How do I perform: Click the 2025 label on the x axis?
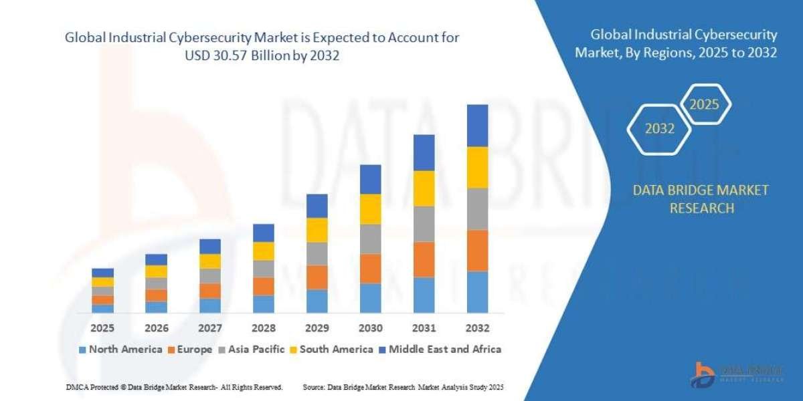click(x=102, y=328)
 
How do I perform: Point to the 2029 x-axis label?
click(x=317, y=328)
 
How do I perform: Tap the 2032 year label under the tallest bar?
click(x=477, y=328)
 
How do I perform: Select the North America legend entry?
click(x=120, y=349)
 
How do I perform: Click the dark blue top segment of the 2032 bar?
click(x=477, y=126)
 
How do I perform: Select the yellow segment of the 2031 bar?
click(x=424, y=188)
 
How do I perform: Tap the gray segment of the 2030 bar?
click(x=370, y=239)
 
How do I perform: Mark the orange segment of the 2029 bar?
click(x=317, y=277)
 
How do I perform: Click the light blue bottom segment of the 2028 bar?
click(x=263, y=304)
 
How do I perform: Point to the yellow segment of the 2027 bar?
click(x=209, y=261)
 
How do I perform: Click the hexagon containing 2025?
click(x=704, y=104)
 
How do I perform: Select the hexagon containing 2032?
click(x=660, y=129)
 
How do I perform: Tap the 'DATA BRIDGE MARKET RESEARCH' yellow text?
click(x=701, y=199)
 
